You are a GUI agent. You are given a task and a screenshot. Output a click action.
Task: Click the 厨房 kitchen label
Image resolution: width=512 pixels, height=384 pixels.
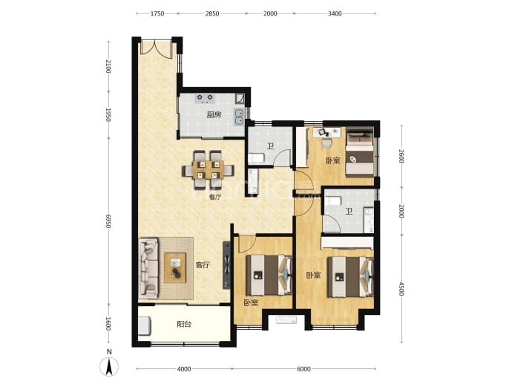[214, 114]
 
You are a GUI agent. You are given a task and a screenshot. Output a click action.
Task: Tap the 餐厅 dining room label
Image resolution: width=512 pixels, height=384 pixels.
[215, 197]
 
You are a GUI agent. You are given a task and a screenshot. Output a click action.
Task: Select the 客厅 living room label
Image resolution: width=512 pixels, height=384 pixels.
[203, 265]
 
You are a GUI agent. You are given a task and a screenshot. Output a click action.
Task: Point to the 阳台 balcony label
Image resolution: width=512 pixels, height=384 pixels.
[184, 324]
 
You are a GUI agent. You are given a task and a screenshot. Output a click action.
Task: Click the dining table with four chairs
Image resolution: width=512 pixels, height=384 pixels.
[208, 170]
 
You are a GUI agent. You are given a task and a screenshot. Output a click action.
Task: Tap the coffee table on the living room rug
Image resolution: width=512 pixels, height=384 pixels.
[175, 267]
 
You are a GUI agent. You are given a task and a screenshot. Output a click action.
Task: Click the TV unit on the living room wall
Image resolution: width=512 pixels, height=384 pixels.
[226, 265]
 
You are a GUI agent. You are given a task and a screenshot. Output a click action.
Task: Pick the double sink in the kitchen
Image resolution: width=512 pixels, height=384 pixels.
[240, 117]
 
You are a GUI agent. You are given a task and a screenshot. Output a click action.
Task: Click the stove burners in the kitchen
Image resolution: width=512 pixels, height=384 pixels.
[205, 98]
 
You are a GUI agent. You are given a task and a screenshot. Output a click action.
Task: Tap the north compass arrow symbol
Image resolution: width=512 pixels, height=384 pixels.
[110, 366]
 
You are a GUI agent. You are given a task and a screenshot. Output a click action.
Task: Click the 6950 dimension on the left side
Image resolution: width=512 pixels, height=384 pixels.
[109, 221]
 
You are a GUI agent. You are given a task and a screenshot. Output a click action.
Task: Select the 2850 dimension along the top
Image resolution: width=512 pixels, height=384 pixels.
[212, 13]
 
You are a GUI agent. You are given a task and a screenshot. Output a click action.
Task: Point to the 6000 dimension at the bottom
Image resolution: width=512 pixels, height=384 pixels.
[303, 369]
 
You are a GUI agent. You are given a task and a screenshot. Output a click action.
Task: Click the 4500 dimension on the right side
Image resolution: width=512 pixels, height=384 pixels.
[401, 289]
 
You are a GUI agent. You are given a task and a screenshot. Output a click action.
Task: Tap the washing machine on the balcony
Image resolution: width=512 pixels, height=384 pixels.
[145, 326]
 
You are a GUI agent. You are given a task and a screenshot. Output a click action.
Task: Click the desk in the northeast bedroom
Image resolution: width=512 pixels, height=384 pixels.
[326, 132]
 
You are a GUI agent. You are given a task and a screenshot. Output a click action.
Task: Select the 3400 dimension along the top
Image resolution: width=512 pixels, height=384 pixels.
[335, 13]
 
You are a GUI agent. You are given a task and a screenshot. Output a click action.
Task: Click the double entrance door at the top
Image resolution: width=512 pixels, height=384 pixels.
[157, 49]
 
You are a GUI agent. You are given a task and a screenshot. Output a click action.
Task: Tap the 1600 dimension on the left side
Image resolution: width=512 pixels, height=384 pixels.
[109, 324]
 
